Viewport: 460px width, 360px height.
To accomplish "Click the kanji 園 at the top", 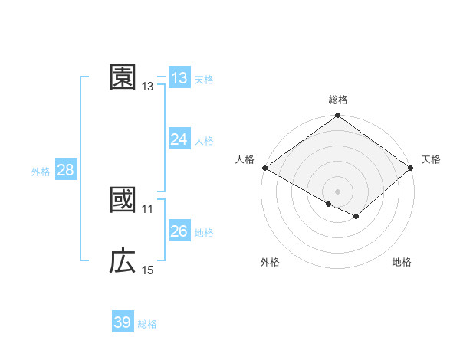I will point(123,77).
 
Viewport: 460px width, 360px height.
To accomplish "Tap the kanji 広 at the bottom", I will point(123,261).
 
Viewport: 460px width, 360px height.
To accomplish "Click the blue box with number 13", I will point(179,77).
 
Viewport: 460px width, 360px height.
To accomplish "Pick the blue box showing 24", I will point(179,139).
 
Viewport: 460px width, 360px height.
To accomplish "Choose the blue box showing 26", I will point(179,231).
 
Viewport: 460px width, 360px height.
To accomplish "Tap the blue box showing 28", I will point(65,170).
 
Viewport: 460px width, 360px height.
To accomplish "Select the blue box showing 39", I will point(123,322).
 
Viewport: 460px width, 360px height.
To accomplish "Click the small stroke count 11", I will point(148,209).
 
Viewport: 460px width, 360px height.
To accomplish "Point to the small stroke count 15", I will point(148,270).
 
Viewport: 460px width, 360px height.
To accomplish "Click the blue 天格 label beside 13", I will point(204,79).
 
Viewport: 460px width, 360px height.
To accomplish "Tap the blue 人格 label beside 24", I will point(204,141).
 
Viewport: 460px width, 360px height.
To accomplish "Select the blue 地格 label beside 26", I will point(204,233).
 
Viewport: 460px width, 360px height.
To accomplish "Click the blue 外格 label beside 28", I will point(41,172).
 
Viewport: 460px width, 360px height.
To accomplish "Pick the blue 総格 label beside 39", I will point(147,324).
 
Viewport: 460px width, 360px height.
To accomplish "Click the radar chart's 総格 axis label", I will point(338,100).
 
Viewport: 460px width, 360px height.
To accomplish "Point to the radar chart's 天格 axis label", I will point(431,159).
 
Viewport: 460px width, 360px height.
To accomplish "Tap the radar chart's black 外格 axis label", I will point(270,262).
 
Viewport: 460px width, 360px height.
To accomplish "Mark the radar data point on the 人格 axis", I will point(264,168).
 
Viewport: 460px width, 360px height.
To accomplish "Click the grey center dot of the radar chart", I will point(338,191).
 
